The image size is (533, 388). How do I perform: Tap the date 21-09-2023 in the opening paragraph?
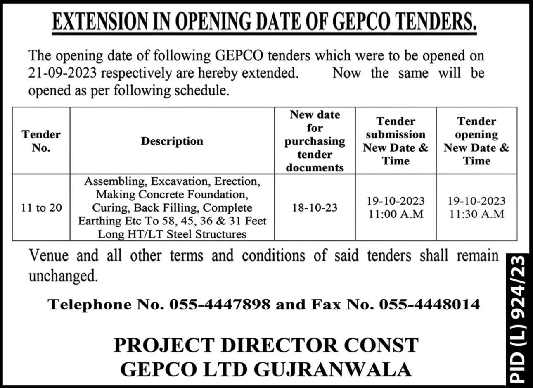62,73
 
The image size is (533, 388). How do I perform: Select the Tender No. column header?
41,141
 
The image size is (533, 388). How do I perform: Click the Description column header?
172,141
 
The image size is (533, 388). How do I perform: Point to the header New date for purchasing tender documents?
315,141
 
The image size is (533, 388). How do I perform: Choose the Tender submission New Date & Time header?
396,141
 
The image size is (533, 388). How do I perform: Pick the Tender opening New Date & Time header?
476,141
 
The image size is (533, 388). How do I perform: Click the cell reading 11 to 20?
41,207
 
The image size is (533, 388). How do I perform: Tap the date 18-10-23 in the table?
315,207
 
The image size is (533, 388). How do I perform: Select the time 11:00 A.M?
396,214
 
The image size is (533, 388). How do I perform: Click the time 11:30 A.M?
476,214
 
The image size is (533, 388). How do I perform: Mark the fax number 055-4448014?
429,305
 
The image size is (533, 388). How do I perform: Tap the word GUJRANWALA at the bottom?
333,369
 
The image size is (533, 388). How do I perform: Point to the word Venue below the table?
48,256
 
